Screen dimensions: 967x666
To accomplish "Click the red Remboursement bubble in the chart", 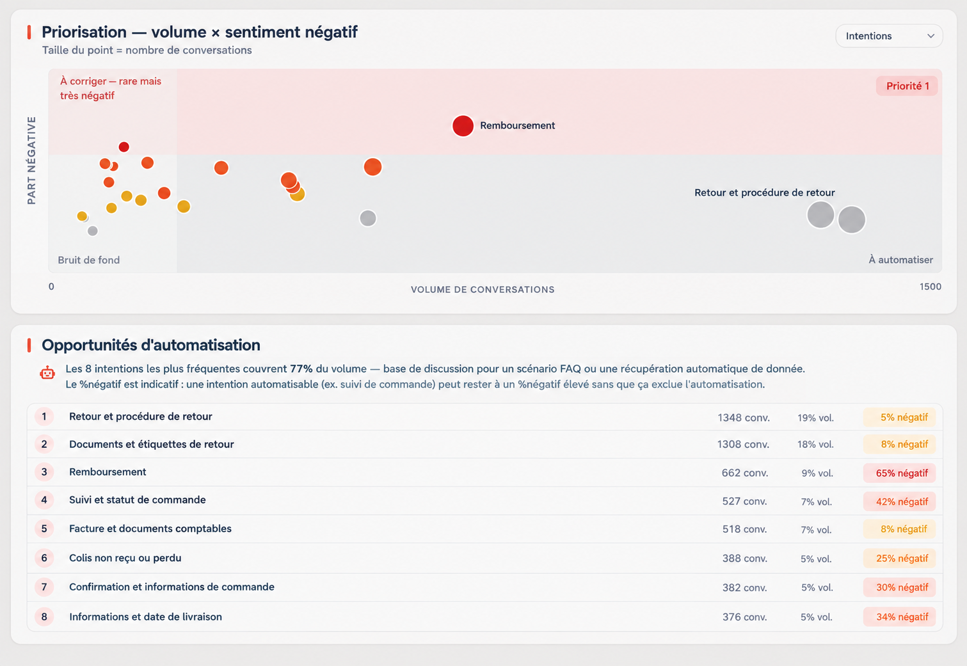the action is click(x=463, y=126).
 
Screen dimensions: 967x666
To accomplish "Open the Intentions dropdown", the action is click(x=889, y=36).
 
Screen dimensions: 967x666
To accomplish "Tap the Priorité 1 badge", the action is click(x=907, y=86).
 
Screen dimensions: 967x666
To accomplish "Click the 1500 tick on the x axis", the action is click(x=930, y=287).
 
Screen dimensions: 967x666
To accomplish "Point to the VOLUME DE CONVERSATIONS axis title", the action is click(x=483, y=290).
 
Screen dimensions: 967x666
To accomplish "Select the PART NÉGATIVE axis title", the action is click(x=31, y=160).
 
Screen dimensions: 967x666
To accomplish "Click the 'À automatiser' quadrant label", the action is click(x=900, y=260).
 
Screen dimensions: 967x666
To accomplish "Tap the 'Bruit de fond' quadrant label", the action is click(x=89, y=260).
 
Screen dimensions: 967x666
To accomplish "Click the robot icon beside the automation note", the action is click(x=47, y=372).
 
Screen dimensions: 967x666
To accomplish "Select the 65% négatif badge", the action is click(x=899, y=473).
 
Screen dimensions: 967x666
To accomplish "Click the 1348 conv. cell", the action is click(x=744, y=417).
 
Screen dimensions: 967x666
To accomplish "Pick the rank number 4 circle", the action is click(x=44, y=500).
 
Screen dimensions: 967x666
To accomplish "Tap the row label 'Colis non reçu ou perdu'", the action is click(x=125, y=558).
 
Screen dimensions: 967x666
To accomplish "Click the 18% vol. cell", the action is click(x=815, y=445).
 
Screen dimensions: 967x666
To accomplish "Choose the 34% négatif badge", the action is click(x=899, y=617).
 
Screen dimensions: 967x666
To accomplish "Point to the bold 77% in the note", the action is click(x=301, y=369).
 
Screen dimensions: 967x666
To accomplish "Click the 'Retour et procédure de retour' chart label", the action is click(x=765, y=193).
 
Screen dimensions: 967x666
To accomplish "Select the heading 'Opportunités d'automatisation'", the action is click(x=150, y=345).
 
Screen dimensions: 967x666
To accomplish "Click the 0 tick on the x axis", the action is click(x=51, y=287).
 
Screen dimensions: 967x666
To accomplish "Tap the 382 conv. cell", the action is click(x=745, y=587).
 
